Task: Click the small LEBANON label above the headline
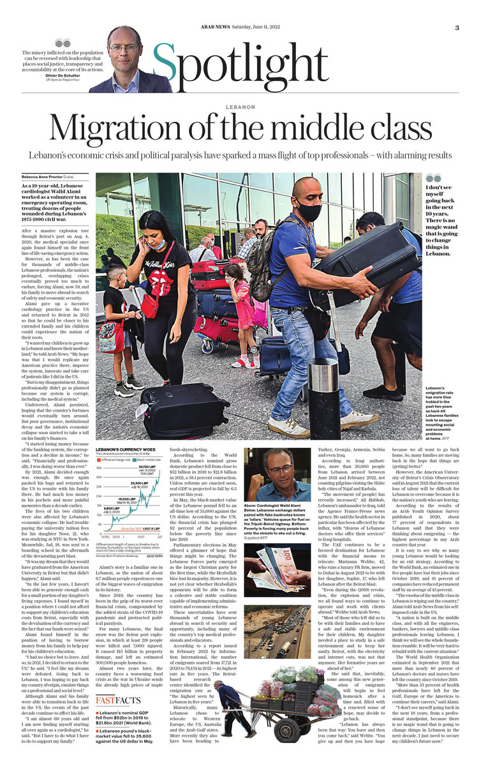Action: pos(240,107)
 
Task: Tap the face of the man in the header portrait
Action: pos(124,47)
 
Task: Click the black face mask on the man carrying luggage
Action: pos(309,210)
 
